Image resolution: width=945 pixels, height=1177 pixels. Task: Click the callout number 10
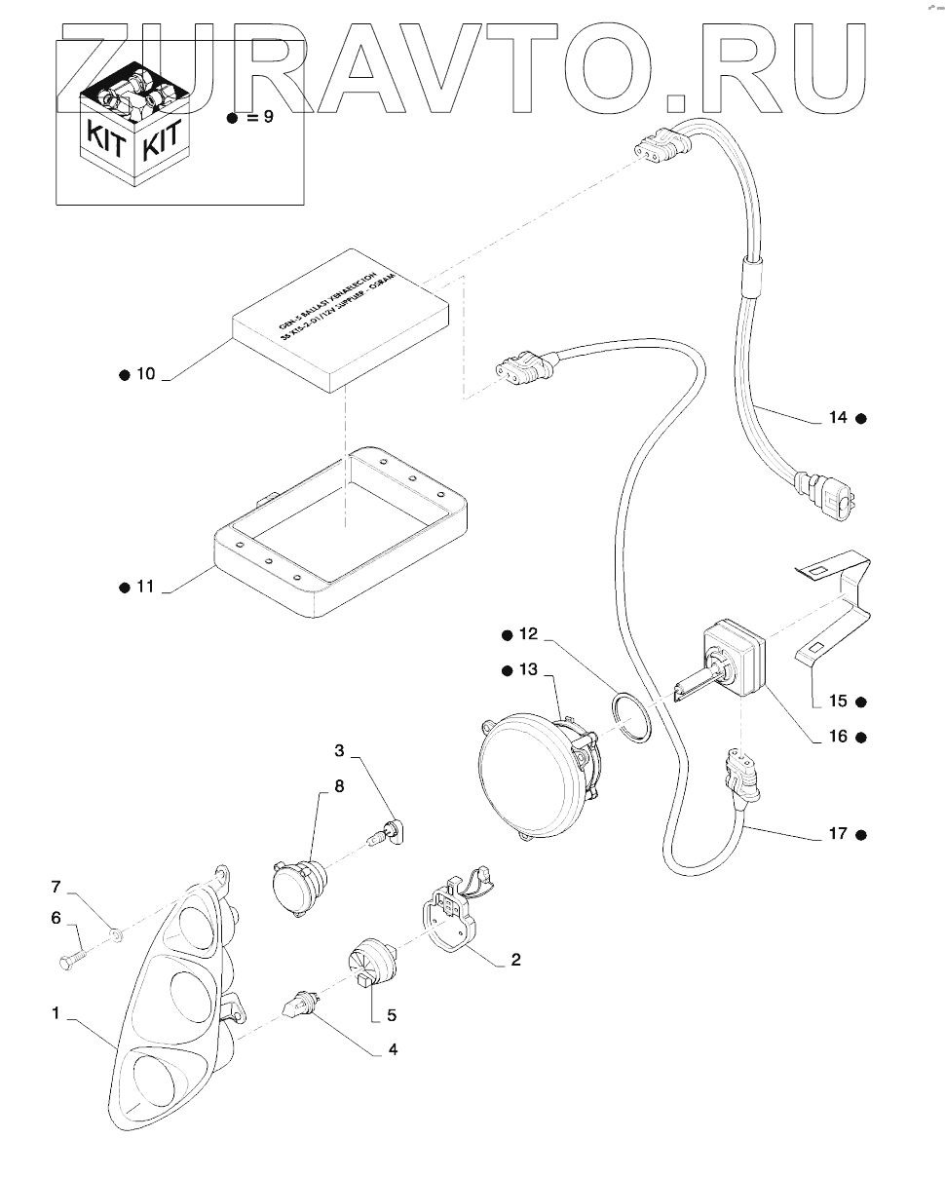[x=145, y=374]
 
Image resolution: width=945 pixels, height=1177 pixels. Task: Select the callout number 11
[x=145, y=587]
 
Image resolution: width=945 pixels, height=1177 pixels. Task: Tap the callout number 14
[x=838, y=417]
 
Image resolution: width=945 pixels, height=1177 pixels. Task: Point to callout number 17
[x=838, y=834]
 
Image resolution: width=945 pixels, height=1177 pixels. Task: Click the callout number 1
[x=57, y=1013]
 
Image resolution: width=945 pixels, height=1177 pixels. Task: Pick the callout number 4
[x=393, y=1050]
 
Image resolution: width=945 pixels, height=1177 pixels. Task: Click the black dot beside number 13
[x=508, y=670]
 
